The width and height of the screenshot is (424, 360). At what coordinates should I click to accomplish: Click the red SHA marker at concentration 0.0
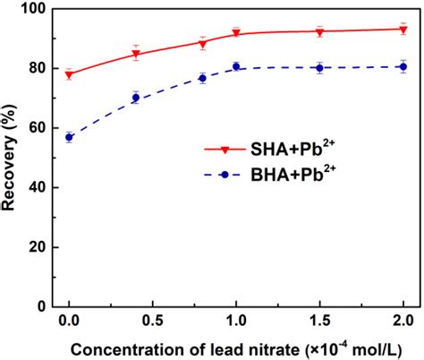(x=69, y=74)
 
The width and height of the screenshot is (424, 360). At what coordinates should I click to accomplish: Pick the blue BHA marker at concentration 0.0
(x=69, y=137)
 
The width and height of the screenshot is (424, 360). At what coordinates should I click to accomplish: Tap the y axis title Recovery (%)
(x=10, y=159)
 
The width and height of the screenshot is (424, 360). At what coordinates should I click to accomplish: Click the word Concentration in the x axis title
(x=118, y=347)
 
